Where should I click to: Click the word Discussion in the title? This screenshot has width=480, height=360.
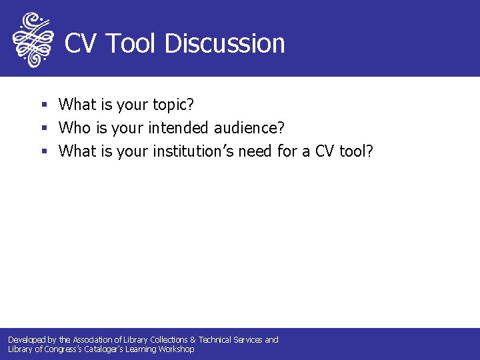click(x=225, y=43)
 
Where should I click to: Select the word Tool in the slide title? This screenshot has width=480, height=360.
click(x=131, y=43)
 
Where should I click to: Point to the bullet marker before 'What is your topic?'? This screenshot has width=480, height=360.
click(x=44, y=105)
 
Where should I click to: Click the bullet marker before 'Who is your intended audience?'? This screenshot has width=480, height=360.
click(x=44, y=128)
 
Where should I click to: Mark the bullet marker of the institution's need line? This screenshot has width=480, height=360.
click(x=44, y=151)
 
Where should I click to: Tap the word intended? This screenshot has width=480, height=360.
click(x=173, y=127)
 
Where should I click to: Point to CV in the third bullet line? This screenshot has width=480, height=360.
click(x=325, y=151)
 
